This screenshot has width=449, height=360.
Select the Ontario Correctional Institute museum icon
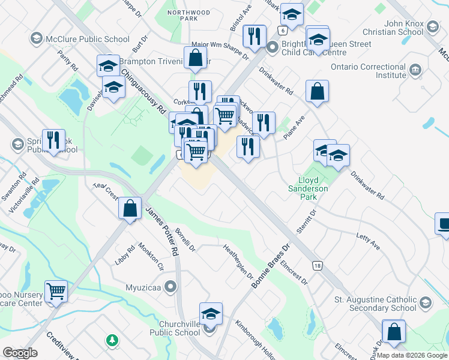coord(415,71)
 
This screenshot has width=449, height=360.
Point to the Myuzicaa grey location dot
coord(171,287)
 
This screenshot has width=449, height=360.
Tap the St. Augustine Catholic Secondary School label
coord(375,304)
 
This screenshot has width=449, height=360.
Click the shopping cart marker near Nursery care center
coord(56,292)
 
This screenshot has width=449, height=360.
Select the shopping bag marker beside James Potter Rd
coord(130,209)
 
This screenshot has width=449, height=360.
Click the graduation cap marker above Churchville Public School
coord(211,314)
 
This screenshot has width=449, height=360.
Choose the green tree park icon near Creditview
coord(112,340)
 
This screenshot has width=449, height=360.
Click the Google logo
coord(19,353)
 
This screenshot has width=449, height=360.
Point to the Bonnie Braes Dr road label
coord(271,264)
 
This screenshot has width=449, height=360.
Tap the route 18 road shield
coord(316,265)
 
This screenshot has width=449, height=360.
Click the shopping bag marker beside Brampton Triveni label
coord(196,59)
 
